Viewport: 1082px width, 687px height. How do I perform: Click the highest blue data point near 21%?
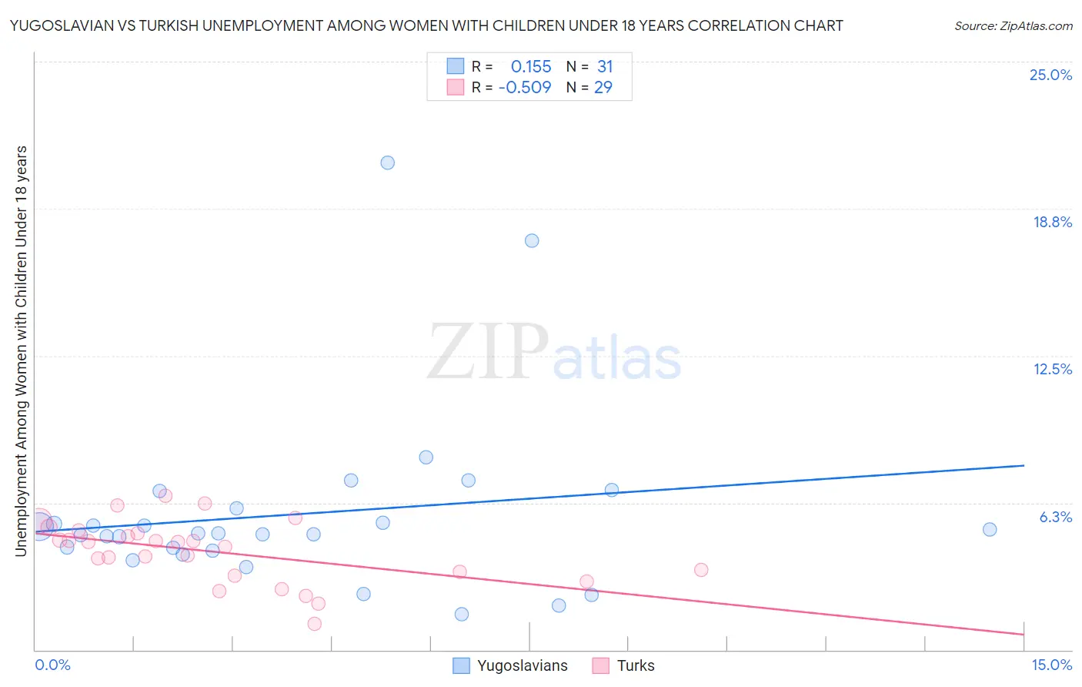(x=388, y=163)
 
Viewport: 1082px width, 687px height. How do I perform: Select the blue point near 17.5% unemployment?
(x=532, y=240)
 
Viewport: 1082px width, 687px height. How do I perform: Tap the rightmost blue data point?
(x=990, y=529)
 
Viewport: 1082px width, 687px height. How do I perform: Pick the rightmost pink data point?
(x=701, y=570)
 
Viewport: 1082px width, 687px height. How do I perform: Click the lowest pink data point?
(x=315, y=624)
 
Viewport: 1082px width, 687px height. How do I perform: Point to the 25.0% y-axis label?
(x=1050, y=75)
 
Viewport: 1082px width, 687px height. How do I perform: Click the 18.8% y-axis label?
(x=1052, y=222)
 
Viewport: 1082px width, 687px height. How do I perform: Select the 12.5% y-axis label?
(x=1052, y=369)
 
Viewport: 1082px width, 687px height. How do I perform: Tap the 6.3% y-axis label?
(x=1056, y=517)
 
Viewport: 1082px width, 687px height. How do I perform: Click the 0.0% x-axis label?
(x=52, y=665)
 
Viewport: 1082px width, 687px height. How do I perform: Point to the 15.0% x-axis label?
(x=1051, y=665)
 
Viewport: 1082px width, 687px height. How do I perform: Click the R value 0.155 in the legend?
(x=531, y=66)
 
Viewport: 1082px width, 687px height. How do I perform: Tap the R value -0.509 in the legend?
(x=525, y=87)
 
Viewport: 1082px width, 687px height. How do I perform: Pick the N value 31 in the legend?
(x=605, y=66)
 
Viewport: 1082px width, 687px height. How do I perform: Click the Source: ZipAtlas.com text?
(x=1013, y=25)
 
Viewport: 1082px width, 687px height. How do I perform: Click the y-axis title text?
(x=21, y=350)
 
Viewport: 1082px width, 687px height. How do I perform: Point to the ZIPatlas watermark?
(x=554, y=354)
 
